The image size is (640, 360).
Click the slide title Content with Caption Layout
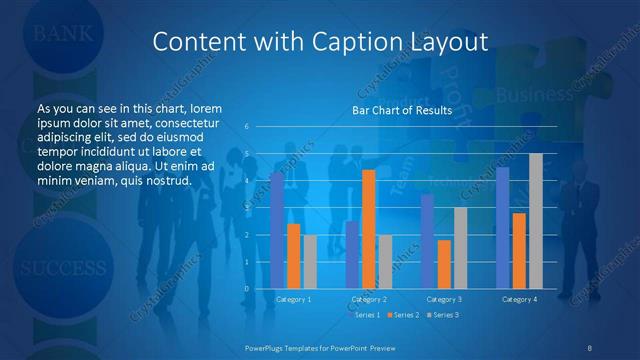click(320, 41)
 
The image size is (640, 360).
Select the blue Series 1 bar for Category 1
click(277, 230)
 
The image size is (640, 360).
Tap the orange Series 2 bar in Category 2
click(369, 229)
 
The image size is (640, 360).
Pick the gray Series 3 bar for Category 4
click(536, 221)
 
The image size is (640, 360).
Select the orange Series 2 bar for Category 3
click(444, 264)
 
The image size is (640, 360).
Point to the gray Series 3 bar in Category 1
click(310, 262)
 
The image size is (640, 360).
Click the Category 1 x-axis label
click(294, 299)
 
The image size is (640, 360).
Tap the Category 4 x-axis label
click(519, 299)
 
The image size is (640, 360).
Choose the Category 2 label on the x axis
click(369, 299)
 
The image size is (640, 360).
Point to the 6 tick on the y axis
click(246, 127)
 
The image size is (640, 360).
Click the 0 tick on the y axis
click(246, 288)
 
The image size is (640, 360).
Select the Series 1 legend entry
click(364, 315)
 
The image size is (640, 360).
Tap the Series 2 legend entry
click(403, 315)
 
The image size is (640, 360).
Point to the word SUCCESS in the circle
click(62, 268)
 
